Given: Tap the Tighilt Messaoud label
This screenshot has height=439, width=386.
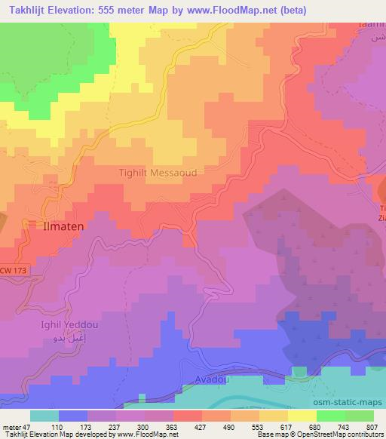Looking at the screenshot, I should coord(158,173).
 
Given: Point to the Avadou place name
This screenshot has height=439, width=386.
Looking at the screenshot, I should coord(211,380).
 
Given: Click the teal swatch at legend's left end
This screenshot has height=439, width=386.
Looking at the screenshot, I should coord(44,416).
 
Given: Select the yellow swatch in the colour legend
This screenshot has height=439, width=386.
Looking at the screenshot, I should coord(302,416).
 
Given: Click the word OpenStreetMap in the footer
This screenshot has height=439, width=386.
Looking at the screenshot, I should coord(330,434).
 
